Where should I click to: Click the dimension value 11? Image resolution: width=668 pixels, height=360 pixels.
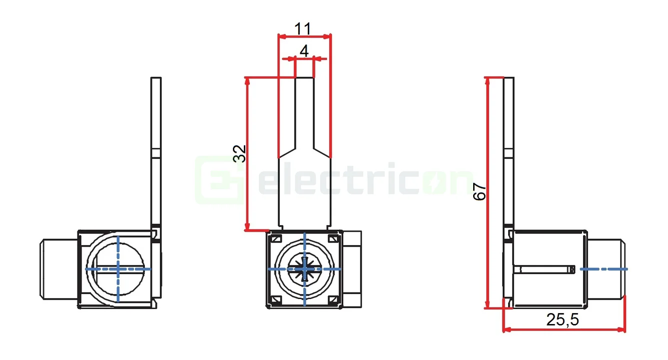tap(303, 29)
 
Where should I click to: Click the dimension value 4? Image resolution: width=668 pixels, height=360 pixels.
tap(304, 51)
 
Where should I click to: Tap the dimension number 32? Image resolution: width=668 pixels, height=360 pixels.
tap(240, 153)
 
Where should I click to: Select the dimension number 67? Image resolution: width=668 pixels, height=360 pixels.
tap(480, 192)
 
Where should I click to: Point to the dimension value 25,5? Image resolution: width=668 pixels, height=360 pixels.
tap(563, 320)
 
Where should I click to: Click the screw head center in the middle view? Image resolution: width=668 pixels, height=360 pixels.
tap(305, 269)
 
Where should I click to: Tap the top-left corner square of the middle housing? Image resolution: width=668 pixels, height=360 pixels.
tap(275, 239)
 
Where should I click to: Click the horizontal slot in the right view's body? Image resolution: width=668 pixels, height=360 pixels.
tap(545, 270)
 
